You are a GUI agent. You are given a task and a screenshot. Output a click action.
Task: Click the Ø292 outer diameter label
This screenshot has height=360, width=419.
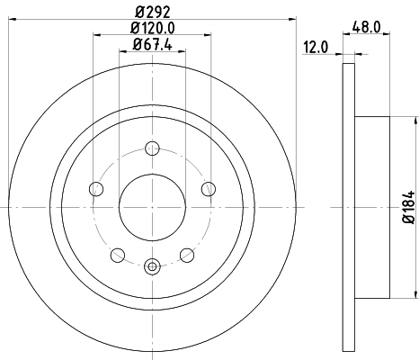(152, 11)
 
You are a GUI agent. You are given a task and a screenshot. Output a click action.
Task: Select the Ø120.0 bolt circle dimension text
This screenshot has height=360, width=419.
(152, 28)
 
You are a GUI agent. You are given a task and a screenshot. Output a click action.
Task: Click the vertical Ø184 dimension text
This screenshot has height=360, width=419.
(406, 208)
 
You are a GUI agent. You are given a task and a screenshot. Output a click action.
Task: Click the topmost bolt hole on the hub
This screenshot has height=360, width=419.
(152, 148)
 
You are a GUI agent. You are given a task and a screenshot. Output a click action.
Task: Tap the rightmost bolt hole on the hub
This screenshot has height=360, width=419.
(209, 188)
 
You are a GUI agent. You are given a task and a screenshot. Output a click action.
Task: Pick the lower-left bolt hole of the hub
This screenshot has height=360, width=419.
(118, 255)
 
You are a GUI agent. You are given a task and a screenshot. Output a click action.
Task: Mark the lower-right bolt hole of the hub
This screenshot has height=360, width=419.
(186, 255)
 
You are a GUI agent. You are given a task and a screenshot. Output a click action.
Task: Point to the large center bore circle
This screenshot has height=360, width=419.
(152, 207)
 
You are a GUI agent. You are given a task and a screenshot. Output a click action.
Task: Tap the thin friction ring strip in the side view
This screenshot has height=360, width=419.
(348, 208)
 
